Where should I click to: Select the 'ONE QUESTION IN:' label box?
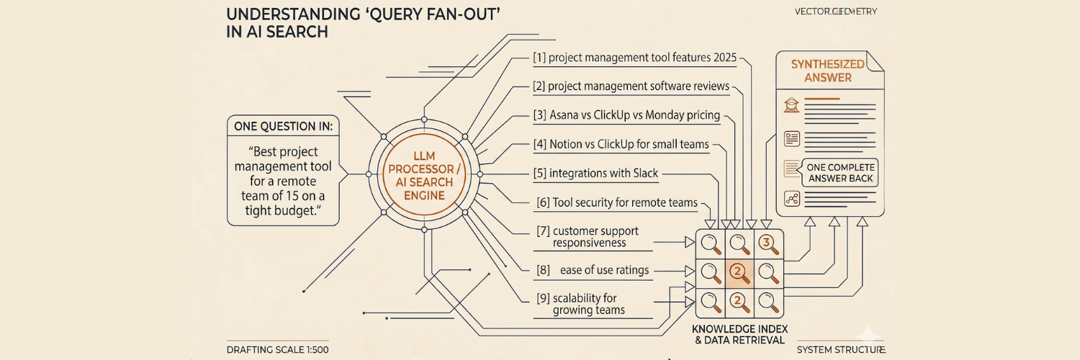pyautogui.click(x=283, y=126)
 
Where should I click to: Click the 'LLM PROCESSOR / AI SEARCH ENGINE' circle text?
pyautogui.click(x=423, y=174)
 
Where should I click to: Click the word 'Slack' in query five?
pyautogui.click(x=642, y=174)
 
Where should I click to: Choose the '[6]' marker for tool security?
pyautogui.click(x=544, y=203)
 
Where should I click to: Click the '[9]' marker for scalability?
pyautogui.click(x=544, y=297)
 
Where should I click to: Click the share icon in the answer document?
pyautogui.click(x=792, y=199)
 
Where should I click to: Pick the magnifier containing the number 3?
pyautogui.click(x=769, y=244)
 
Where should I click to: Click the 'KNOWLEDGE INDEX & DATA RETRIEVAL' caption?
pyautogui.click(x=739, y=334)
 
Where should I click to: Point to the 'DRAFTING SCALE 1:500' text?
pyautogui.click(x=277, y=349)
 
